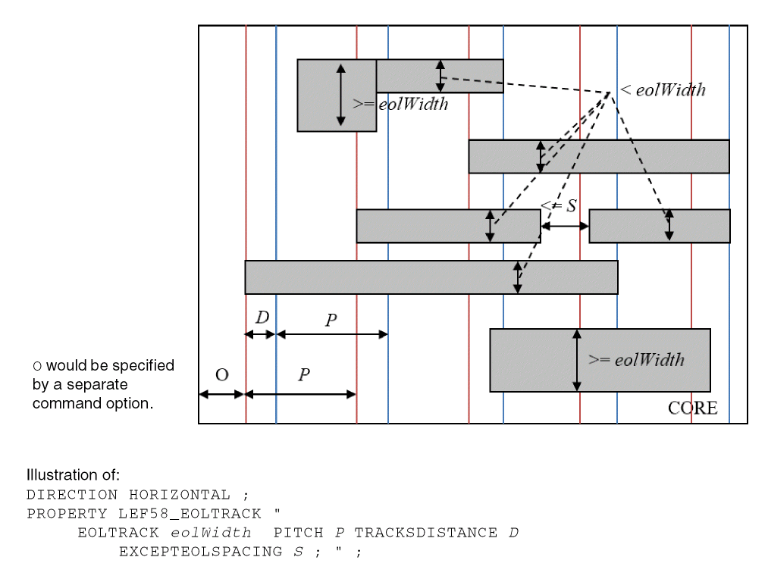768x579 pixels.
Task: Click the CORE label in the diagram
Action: (x=692, y=408)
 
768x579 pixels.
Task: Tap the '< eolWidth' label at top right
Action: (x=663, y=90)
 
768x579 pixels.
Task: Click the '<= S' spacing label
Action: (x=559, y=206)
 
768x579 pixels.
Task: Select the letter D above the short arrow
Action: (x=262, y=318)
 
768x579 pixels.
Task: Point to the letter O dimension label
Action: (x=222, y=375)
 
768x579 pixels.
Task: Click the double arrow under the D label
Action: (x=260, y=334)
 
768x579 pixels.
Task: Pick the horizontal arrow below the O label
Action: (x=221, y=394)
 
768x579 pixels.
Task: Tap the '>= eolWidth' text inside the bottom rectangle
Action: (x=636, y=360)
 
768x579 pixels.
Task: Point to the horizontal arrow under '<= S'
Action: (x=565, y=226)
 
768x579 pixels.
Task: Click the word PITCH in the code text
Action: (x=298, y=533)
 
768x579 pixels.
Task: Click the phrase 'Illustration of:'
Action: (x=73, y=475)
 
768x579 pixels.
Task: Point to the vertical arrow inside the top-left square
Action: (x=340, y=95)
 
